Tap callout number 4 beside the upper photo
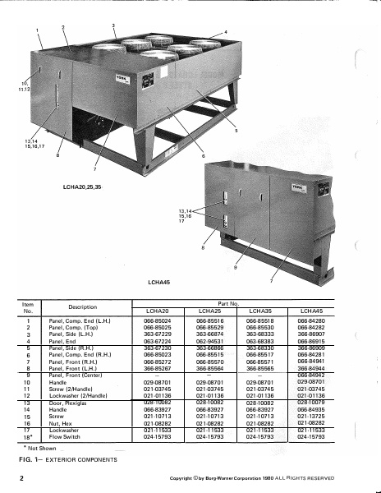(x=225, y=31)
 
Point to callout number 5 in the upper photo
(x=236, y=130)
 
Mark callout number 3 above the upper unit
(x=112, y=27)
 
